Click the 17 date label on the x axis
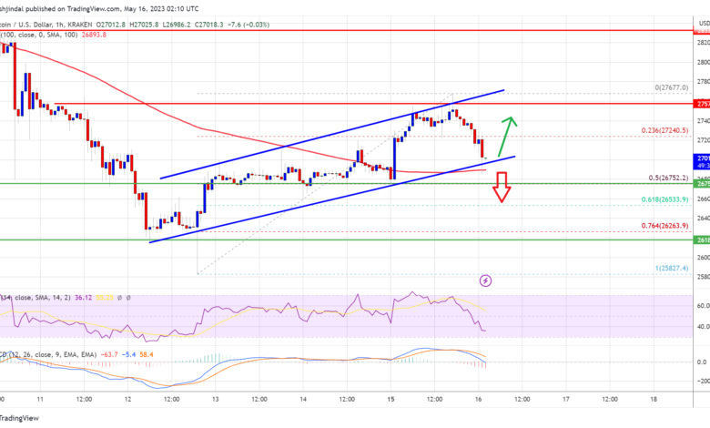tap(565, 399)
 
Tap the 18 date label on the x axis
tap(653, 399)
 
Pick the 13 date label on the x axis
tap(215, 399)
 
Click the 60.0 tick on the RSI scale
tap(702, 304)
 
